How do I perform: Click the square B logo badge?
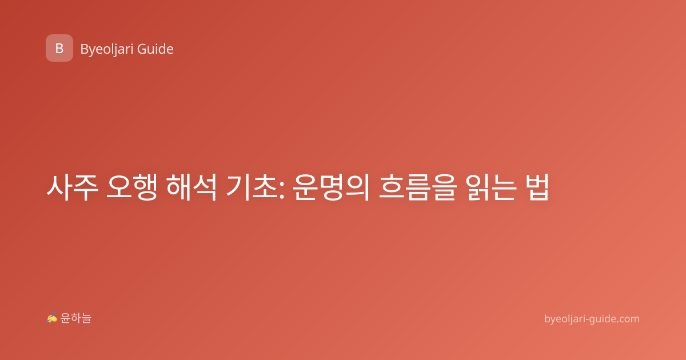[59, 48]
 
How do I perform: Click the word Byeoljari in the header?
[107, 49]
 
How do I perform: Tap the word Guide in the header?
[155, 49]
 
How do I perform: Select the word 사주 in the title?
[72, 187]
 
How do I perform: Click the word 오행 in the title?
[132, 187]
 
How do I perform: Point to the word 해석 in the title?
[191, 187]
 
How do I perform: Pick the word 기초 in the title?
[252, 187]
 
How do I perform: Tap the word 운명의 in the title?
[331, 187]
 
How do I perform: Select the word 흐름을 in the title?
[418, 187]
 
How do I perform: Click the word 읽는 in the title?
[491, 187]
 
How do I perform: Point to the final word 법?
[537, 187]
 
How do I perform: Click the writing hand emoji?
[52, 318]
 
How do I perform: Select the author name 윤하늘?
[75, 318]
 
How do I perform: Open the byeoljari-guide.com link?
[592, 319]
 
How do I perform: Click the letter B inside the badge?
[59, 49]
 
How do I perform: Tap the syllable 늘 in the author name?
[86, 318]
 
